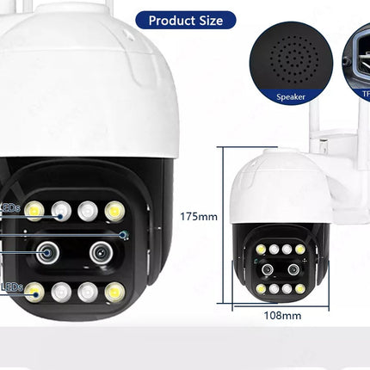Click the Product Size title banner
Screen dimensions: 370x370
[185, 20]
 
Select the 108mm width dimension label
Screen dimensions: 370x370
[281, 315]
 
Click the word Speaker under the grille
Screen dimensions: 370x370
[292, 97]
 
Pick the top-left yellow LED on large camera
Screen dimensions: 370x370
[34, 210]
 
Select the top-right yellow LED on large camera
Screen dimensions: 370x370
[113, 210]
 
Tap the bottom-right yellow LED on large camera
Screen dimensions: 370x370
[113, 293]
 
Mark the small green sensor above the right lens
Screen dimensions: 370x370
[124, 233]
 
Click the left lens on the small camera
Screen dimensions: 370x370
[269, 268]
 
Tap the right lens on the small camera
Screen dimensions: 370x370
[293, 268]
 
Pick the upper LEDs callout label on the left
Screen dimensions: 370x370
[9, 207]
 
